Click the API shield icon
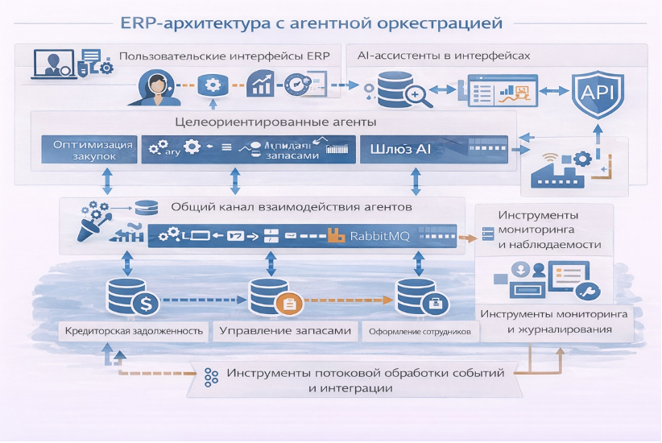(x=598, y=94)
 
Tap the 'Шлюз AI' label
(x=400, y=150)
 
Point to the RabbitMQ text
(x=380, y=236)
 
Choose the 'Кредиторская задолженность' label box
(x=134, y=331)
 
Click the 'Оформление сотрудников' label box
(x=419, y=331)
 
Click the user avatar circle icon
(x=155, y=86)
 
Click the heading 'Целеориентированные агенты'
(x=276, y=122)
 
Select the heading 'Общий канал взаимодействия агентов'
(x=292, y=207)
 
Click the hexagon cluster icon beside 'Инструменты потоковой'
(x=212, y=379)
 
